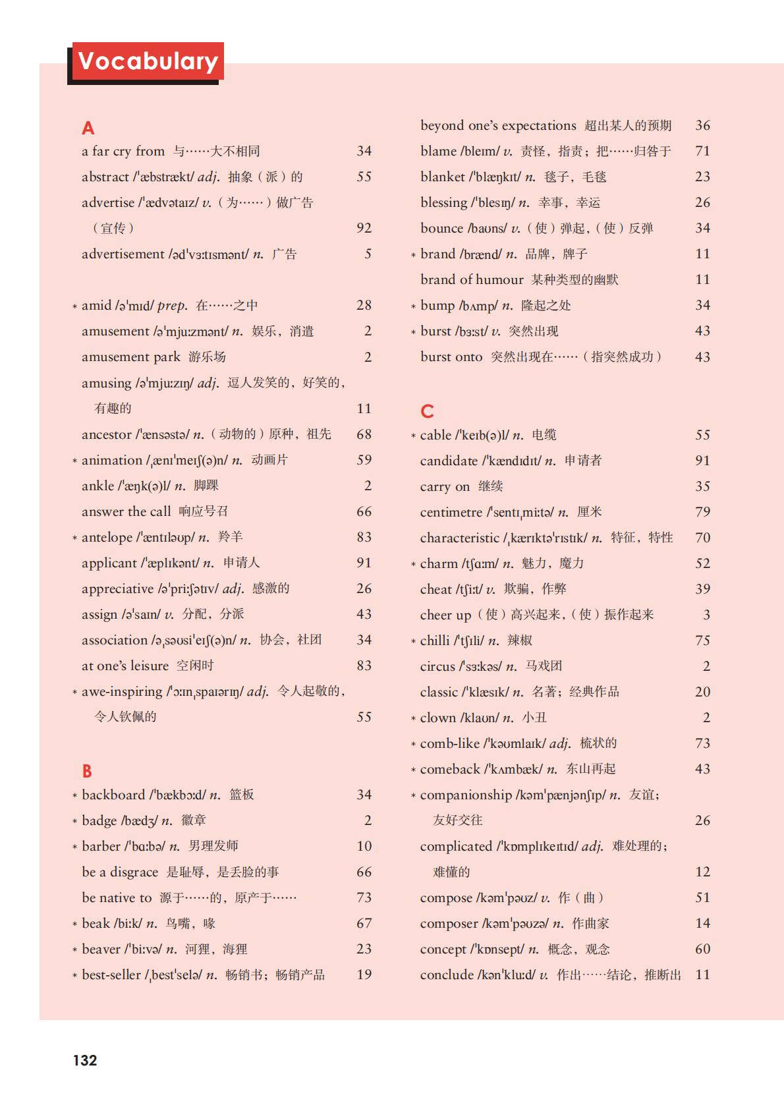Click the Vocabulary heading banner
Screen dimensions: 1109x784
click(148, 61)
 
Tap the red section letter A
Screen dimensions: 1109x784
click(88, 128)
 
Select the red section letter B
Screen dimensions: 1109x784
click(87, 771)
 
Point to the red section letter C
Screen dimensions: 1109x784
click(427, 412)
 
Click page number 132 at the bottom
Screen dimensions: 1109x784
click(85, 1060)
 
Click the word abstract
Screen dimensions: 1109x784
click(105, 177)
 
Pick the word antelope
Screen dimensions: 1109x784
click(107, 537)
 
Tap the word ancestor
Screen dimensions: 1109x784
click(106, 434)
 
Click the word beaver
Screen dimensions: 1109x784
click(101, 949)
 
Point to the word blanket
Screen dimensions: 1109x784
click(443, 177)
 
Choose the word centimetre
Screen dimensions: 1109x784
click(451, 512)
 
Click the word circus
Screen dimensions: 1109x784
click(437, 666)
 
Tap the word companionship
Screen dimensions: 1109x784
click(466, 795)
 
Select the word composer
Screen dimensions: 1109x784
click(449, 923)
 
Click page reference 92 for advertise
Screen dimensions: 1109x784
click(364, 228)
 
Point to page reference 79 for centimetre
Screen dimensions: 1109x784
click(702, 512)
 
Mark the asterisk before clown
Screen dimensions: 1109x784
click(413, 718)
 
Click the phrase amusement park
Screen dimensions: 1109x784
click(130, 357)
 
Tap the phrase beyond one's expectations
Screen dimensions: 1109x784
click(498, 125)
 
